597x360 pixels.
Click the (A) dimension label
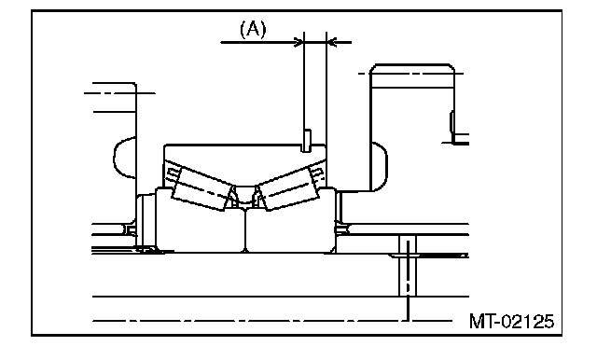[253, 29]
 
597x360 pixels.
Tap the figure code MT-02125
[511, 321]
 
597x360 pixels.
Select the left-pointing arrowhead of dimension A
[332, 42]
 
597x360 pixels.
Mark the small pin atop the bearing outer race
[307, 141]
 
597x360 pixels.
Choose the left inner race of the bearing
[201, 225]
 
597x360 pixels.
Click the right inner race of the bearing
[291, 225]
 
